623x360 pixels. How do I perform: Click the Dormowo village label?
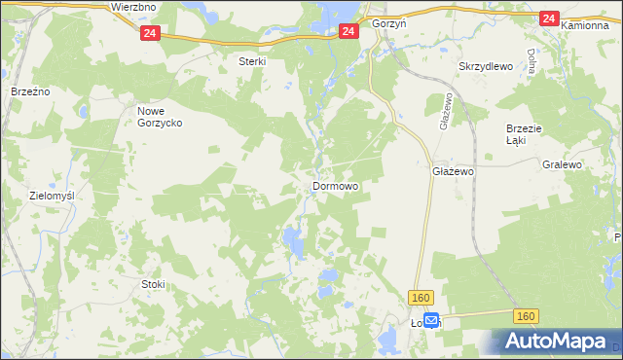(335, 185)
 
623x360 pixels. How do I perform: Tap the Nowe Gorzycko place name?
(158, 117)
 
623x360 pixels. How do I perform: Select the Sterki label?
(252, 60)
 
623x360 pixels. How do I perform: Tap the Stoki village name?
(153, 284)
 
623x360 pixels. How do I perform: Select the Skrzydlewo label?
(484, 66)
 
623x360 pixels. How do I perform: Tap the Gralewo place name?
(562, 165)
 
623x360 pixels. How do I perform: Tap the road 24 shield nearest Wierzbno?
(148, 33)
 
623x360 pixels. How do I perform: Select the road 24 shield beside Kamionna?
(549, 18)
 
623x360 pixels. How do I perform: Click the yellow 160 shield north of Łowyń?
(421, 297)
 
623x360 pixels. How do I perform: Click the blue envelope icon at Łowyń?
(431, 318)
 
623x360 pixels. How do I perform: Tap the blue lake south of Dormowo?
(292, 239)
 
